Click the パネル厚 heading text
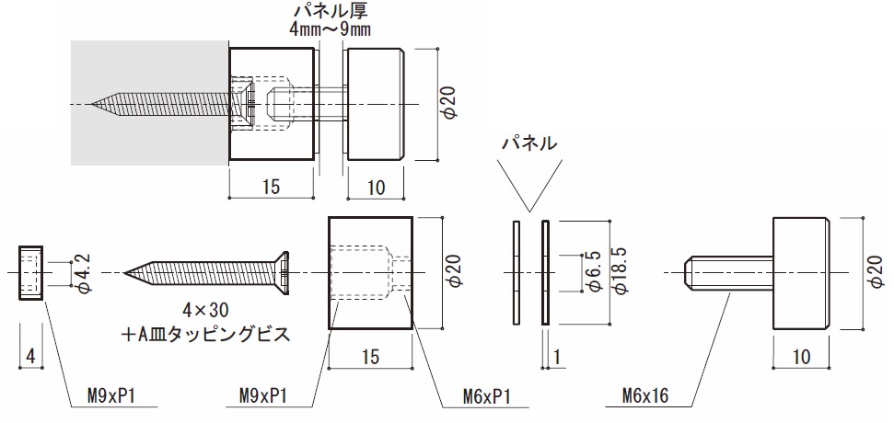330,12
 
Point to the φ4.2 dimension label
84,273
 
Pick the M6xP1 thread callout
487,398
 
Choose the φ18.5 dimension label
621,272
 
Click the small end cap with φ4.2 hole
30,272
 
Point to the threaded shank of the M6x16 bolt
728,272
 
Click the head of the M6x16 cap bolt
802,272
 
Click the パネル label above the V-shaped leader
528,144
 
